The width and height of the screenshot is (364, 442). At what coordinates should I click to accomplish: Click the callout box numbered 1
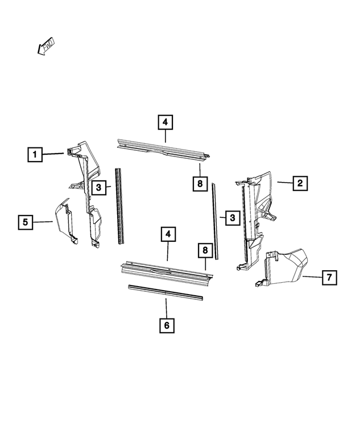point(35,154)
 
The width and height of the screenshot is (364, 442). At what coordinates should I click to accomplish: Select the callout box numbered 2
point(300,183)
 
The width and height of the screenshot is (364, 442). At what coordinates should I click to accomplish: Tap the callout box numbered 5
point(26,222)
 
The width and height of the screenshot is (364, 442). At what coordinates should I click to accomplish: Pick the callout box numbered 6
point(166,325)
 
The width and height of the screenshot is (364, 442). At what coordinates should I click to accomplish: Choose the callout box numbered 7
point(328,278)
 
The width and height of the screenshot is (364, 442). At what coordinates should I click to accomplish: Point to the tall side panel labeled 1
point(86,188)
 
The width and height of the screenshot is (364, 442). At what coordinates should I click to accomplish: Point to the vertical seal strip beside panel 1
point(119,205)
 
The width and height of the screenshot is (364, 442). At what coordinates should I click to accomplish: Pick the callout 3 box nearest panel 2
point(231,217)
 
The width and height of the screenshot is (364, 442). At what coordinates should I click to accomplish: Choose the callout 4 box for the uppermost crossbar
point(165,122)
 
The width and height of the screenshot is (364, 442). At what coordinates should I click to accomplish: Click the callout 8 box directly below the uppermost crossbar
point(200,184)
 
